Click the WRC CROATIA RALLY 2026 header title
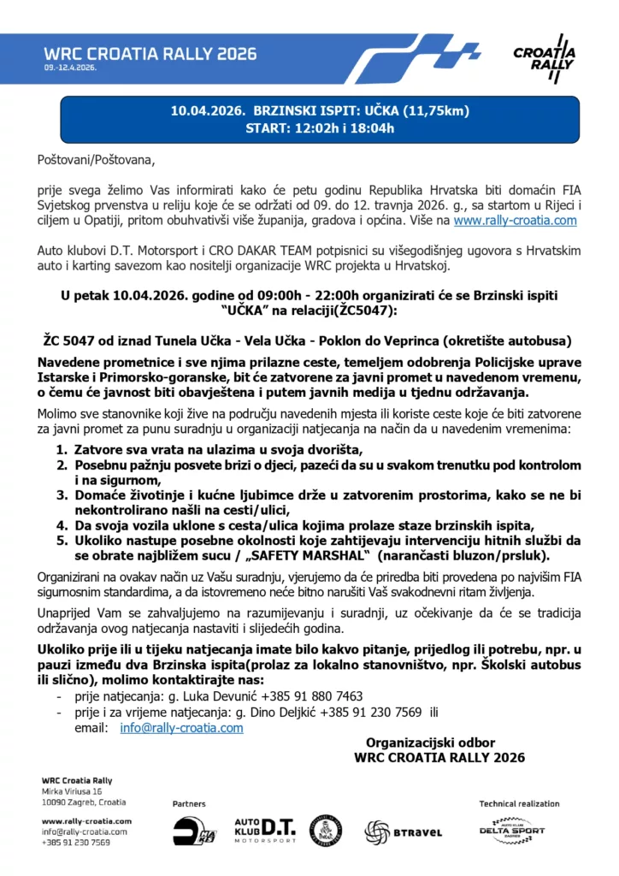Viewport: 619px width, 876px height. (x=150, y=53)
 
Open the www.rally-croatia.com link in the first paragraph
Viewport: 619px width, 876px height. (x=515, y=220)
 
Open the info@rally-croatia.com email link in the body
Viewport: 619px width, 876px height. (x=181, y=727)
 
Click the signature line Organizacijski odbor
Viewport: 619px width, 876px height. (x=430, y=743)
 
